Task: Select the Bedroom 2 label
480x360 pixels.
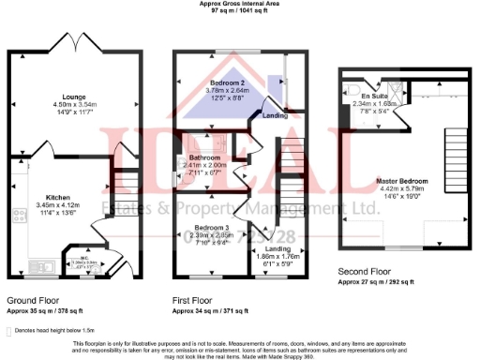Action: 221,82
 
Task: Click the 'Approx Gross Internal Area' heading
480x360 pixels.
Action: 240,4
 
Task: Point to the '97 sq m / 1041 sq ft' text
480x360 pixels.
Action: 240,11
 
